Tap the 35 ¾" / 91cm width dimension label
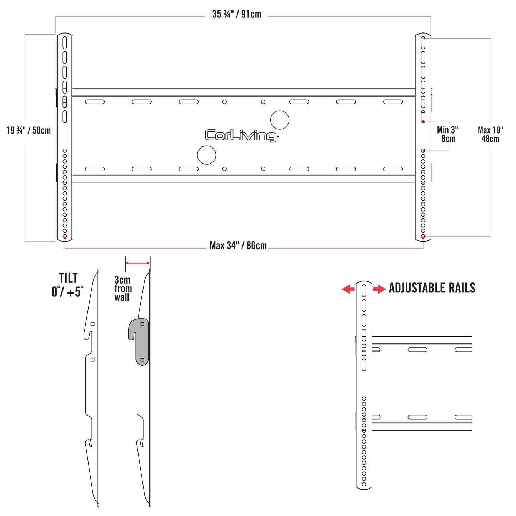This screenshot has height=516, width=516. point(237,14)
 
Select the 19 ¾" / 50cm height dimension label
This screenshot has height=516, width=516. point(29,130)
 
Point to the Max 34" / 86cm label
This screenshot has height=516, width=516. point(238,245)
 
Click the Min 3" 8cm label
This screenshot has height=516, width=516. point(447,134)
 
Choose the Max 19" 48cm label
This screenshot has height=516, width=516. point(490,134)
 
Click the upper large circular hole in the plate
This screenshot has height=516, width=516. point(280,120)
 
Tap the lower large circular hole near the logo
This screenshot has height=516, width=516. point(206,155)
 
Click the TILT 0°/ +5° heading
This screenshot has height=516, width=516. point(68,285)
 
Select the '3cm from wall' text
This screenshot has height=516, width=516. point(123,289)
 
